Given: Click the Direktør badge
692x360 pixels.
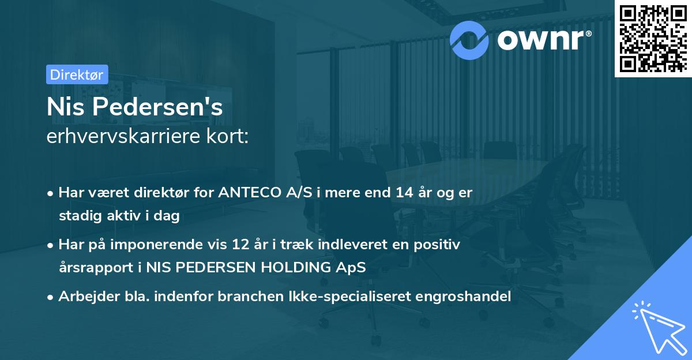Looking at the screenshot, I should (76, 74).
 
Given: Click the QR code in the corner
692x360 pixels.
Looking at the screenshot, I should (653, 39).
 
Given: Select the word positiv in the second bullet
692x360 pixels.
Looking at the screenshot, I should (441, 245).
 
